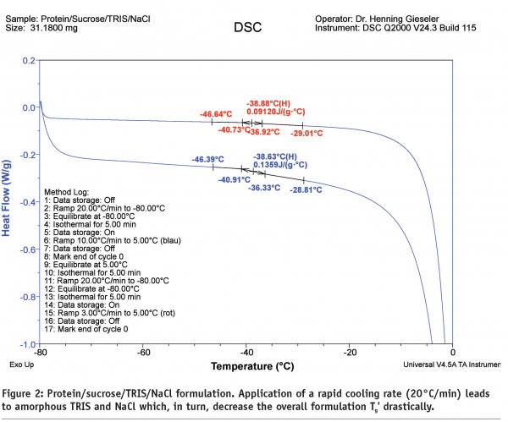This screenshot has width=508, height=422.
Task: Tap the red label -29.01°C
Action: coord(310,133)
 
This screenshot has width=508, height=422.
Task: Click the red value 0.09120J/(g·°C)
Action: coord(276,110)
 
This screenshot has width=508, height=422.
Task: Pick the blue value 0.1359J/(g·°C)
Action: coord(280,166)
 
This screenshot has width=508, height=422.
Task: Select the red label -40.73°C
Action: coord(235,130)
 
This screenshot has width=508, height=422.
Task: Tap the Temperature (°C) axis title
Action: coord(246,368)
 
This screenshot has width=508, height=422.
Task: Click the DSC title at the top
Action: coord(246,28)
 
